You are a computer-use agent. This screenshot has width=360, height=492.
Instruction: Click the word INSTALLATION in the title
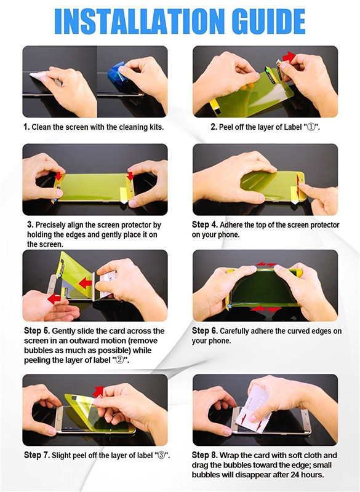point(139,21)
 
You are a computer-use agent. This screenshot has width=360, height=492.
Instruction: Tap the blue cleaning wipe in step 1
point(118,74)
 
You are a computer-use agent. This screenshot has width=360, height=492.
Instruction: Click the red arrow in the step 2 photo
point(289,57)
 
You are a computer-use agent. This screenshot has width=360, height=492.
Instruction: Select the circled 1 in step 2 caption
point(311,127)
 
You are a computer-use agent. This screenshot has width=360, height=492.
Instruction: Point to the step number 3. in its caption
point(30,224)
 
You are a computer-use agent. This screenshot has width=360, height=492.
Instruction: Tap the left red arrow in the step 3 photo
point(58,176)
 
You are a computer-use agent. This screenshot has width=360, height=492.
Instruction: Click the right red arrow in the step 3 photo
point(130,176)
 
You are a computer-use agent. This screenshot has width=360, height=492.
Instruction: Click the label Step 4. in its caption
point(205,224)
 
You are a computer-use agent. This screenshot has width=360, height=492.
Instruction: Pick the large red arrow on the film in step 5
point(85,284)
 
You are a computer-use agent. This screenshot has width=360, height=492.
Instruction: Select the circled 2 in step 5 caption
point(120,360)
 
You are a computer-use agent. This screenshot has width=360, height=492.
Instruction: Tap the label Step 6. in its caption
point(205,331)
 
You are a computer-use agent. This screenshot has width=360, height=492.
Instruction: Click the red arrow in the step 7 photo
point(98,391)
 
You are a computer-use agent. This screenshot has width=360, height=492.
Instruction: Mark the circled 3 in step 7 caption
point(161,455)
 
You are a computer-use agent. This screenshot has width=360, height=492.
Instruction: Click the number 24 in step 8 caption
point(295,474)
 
